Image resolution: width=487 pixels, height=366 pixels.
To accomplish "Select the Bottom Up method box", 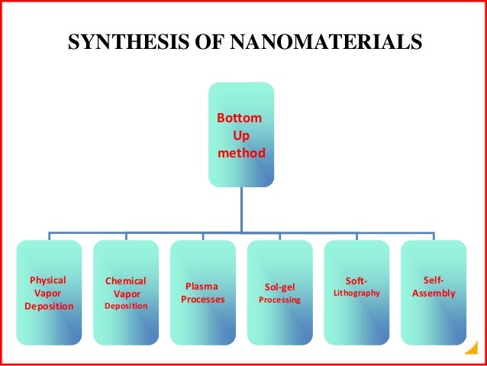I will click(x=241, y=134).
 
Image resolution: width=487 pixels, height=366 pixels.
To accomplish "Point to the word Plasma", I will click(x=203, y=287).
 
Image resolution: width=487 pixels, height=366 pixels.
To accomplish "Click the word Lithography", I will click(x=356, y=293).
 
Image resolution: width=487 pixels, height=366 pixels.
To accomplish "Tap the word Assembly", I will click(x=433, y=293).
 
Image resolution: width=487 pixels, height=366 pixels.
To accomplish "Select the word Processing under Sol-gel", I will click(x=279, y=300).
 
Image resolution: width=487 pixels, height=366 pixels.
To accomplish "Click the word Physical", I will click(x=47, y=280).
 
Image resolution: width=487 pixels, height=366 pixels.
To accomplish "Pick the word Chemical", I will click(x=126, y=280).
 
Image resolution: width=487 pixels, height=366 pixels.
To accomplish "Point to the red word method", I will click(x=241, y=153).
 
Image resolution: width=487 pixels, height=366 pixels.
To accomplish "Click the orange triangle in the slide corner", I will click(x=470, y=351).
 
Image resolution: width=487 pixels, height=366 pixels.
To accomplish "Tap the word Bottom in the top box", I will click(x=240, y=120).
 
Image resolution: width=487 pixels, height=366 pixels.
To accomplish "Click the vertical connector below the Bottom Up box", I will click(x=241, y=209).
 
